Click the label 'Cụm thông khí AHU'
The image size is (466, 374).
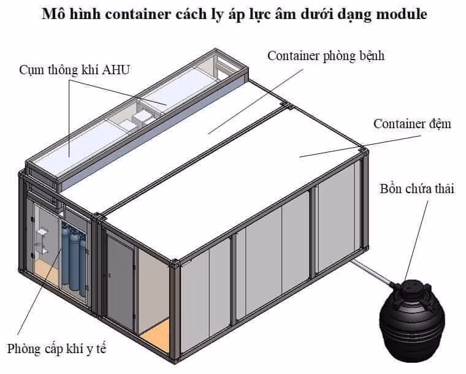[x=75, y=70]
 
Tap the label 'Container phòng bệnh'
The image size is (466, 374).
[x=326, y=56]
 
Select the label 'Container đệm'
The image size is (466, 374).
[x=412, y=124]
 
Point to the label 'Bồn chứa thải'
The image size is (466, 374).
[x=417, y=189]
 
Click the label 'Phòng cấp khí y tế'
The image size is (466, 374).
[x=56, y=349]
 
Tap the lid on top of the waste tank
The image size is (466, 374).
[x=412, y=288]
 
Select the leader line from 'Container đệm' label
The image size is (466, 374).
[x=360, y=147]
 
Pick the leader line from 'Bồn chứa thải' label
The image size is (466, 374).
[x=416, y=241]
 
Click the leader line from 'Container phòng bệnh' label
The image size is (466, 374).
[x=256, y=102]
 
